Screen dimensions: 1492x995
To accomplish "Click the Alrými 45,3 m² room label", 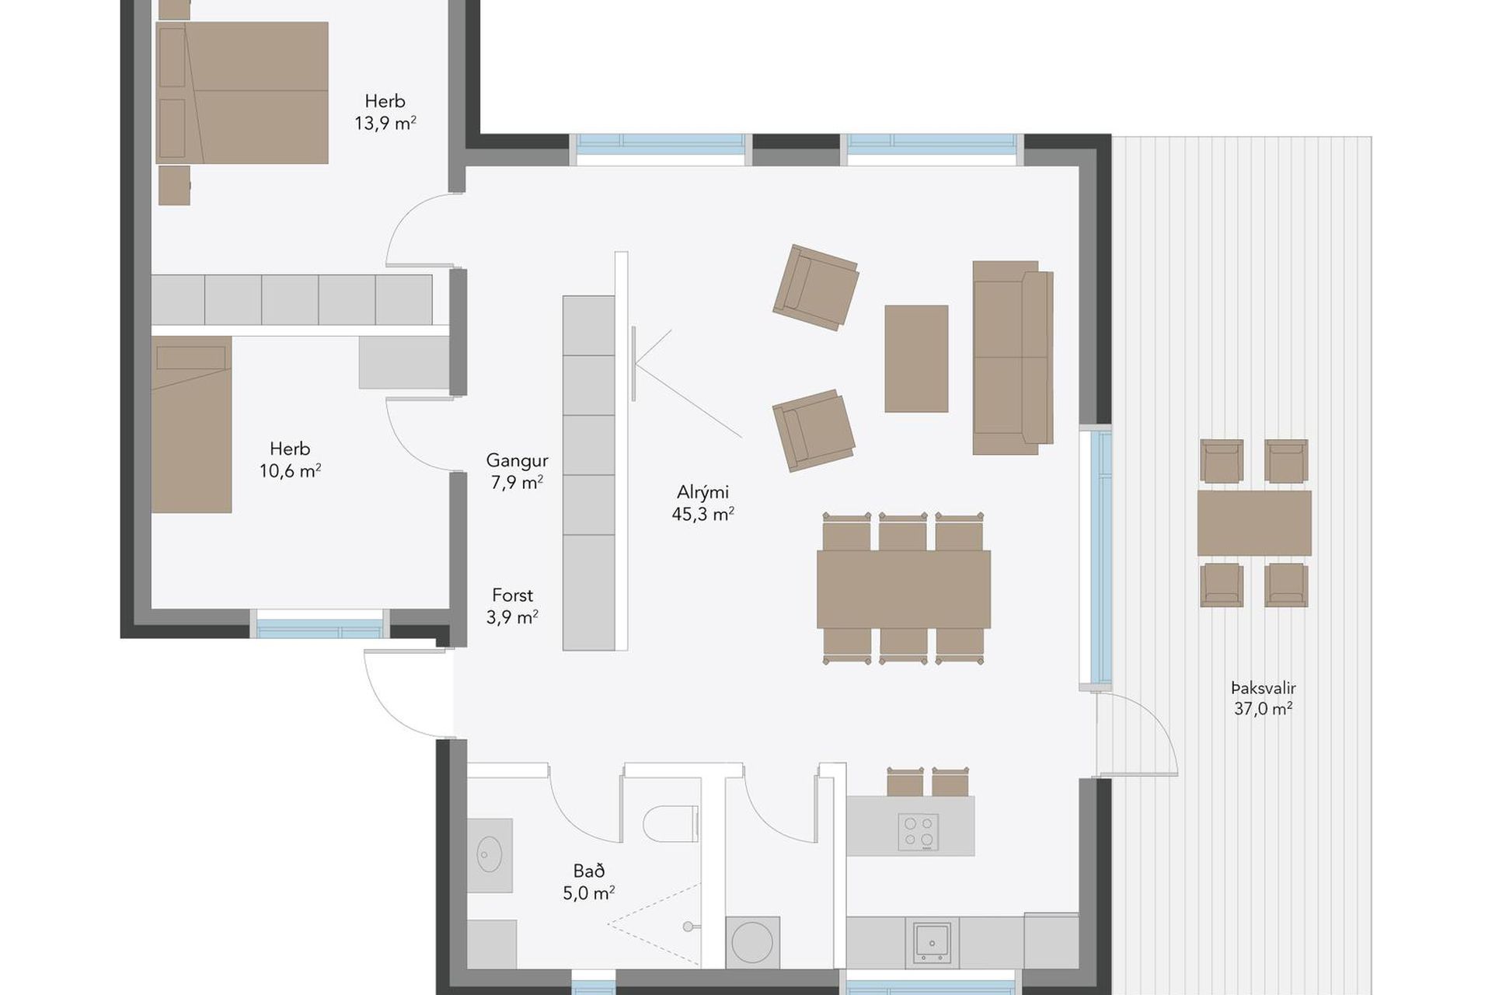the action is [x=703, y=503].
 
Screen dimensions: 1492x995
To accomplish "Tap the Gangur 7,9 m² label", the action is [x=517, y=471].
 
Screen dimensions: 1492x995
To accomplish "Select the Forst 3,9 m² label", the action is [x=512, y=606].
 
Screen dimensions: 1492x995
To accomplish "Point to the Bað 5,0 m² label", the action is [x=589, y=882].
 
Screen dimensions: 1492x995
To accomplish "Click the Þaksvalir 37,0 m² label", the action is [x=1264, y=698].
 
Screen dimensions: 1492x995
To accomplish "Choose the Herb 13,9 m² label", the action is [x=385, y=112].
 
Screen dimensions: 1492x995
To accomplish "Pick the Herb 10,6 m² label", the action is [x=290, y=459].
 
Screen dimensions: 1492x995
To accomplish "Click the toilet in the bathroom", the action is [x=671, y=824].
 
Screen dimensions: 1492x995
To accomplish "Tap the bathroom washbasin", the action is [x=490, y=855].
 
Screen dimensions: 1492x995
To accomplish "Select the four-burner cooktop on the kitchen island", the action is [x=919, y=832].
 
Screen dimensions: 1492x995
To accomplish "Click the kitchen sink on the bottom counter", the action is [x=931, y=942].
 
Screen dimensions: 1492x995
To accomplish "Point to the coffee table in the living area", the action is [x=916, y=358].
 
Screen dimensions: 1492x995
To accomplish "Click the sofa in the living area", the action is [x=1013, y=358].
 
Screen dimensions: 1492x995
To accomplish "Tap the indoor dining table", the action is [x=904, y=589].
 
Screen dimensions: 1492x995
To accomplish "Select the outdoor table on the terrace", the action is [x=1254, y=523].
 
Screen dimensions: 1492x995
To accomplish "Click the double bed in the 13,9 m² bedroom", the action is [x=242, y=93].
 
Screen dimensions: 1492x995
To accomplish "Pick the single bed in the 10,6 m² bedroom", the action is [x=191, y=424].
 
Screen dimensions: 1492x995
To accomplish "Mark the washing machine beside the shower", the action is [x=752, y=942].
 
